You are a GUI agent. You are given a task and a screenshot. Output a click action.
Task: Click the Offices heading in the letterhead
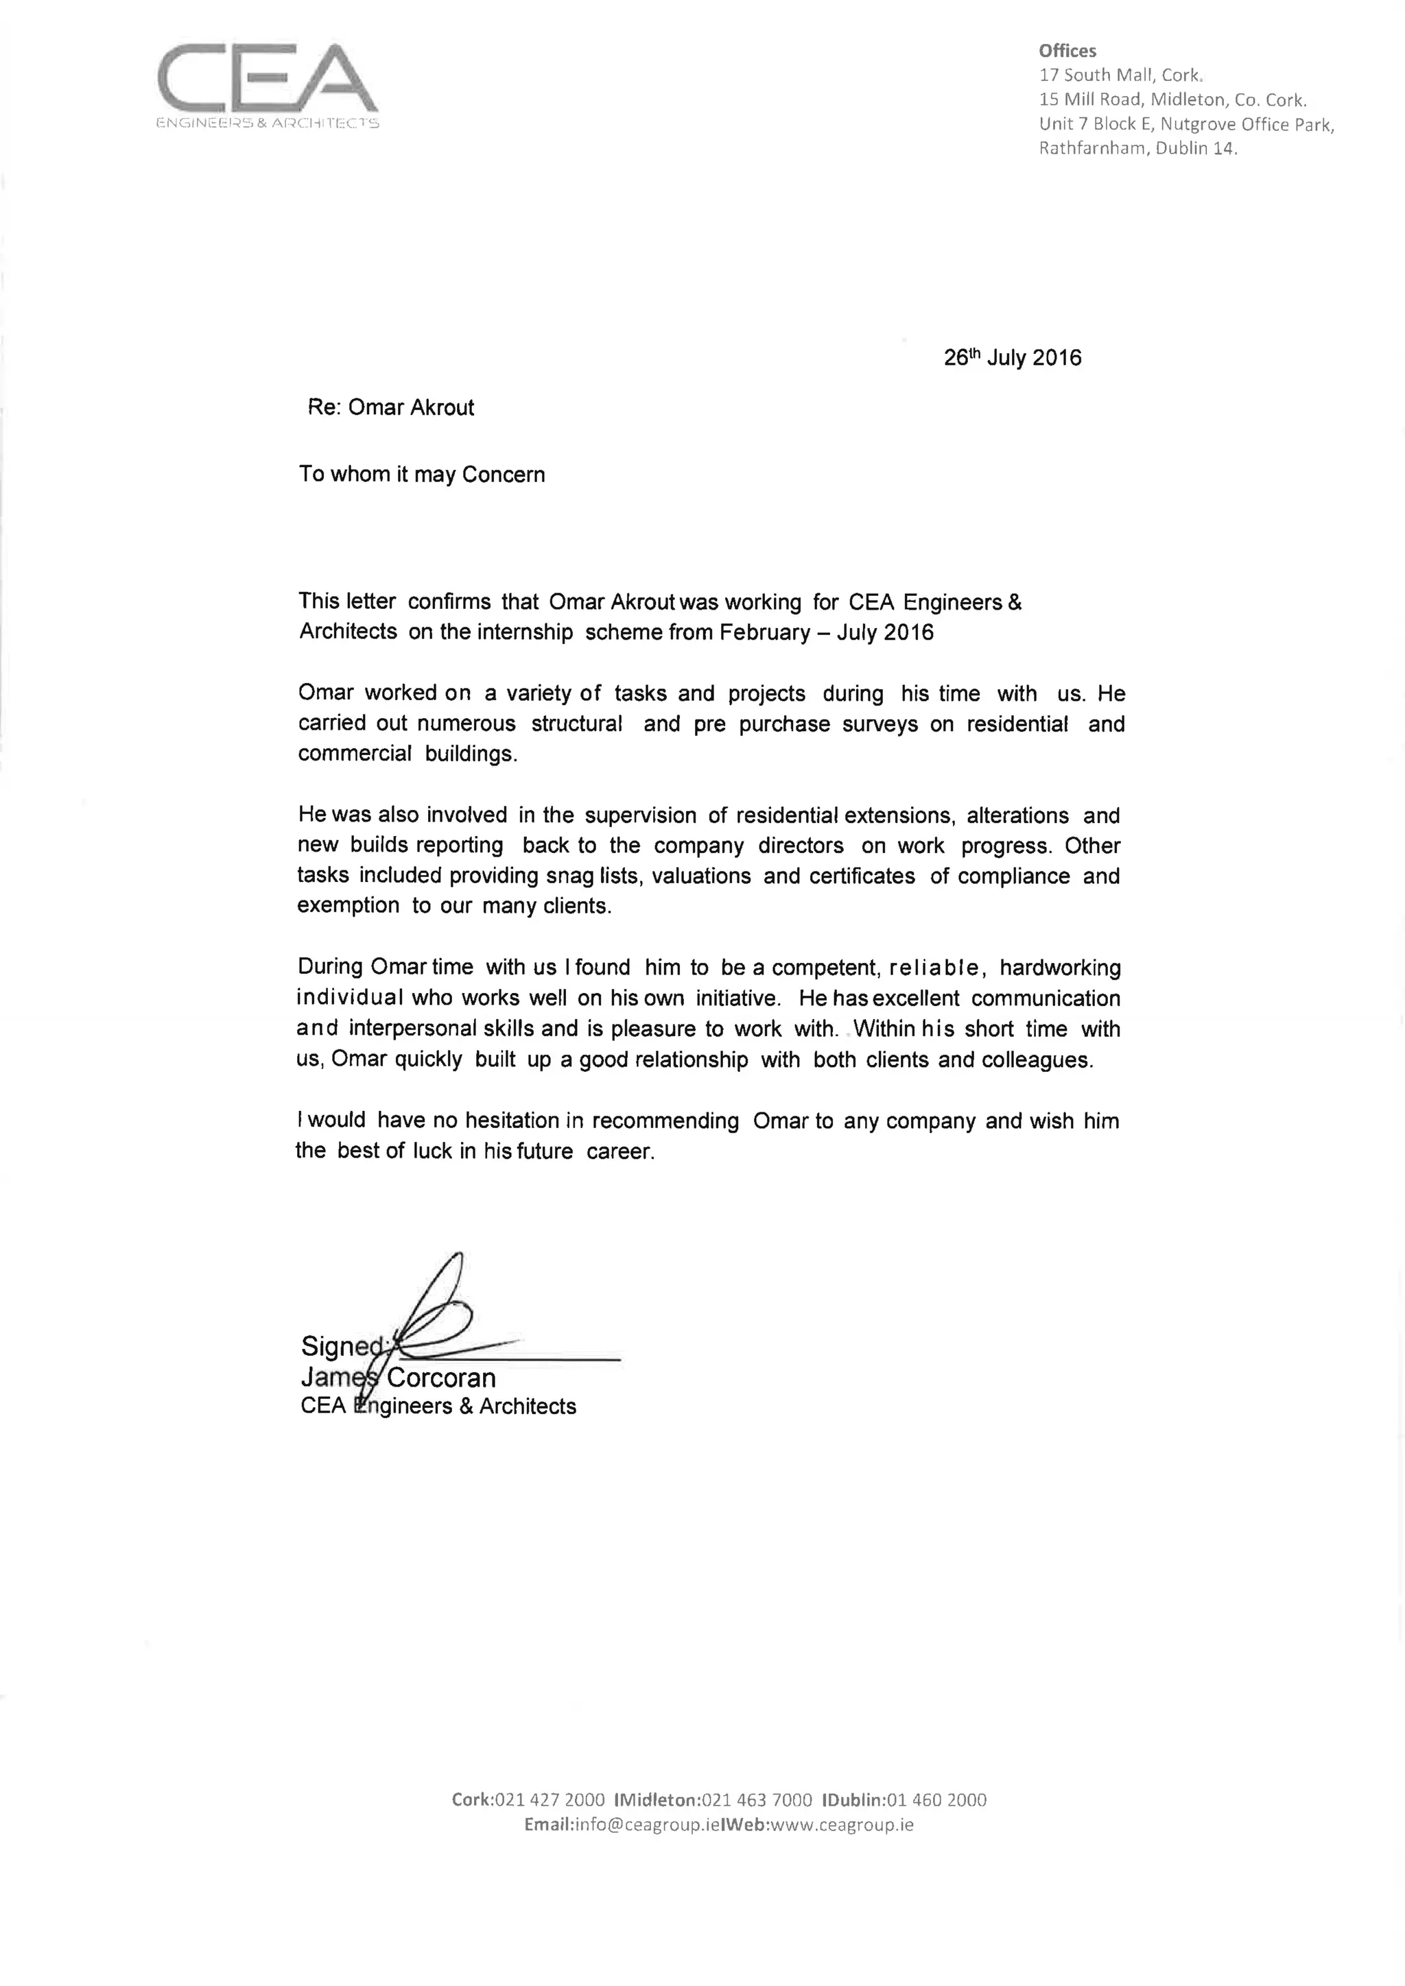pyautogui.click(x=1067, y=51)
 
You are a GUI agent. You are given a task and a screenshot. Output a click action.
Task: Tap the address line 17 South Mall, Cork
pyautogui.click(x=1121, y=75)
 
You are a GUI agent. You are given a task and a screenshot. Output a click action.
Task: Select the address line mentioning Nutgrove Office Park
pyautogui.click(x=1186, y=125)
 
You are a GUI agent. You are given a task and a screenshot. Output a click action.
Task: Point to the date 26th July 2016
pyautogui.click(x=1012, y=358)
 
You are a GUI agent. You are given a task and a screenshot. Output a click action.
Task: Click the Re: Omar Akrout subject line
pyautogui.click(x=391, y=407)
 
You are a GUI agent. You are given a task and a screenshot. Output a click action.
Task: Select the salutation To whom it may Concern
pyautogui.click(x=422, y=475)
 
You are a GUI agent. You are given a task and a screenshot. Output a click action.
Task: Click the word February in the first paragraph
pyautogui.click(x=759, y=632)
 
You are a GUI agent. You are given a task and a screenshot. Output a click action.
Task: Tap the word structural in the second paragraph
pyautogui.click(x=576, y=724)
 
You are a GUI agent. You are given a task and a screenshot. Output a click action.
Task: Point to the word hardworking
pyautogui.click(x=1060, y=968)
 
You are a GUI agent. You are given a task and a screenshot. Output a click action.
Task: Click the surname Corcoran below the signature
pyautogui.click(x=441, y=1378)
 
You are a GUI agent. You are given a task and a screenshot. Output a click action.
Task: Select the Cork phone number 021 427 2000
pyautogui.click(x=550, y=1800)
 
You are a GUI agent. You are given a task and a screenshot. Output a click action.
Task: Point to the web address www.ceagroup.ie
pyautogui.click(x=841, y=1825)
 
